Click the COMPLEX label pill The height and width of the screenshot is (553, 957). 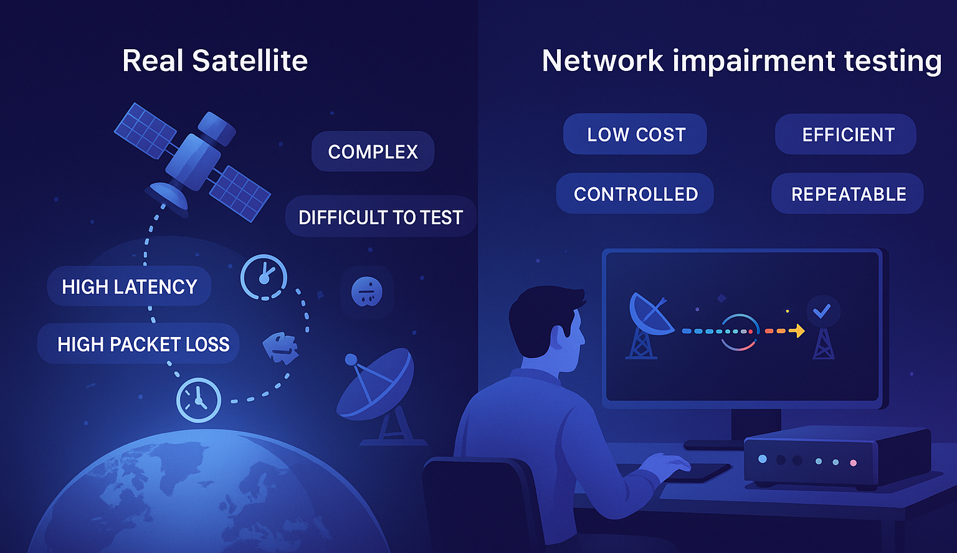tap(373, 151)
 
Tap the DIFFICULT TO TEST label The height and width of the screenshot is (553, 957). tap(380, 217)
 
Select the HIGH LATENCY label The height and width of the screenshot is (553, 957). tap(129, 286)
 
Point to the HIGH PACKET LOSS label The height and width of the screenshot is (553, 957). tap(143, 344)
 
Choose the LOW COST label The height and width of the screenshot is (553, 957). tap(636, 135)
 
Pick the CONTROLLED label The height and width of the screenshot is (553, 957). tap(635, 194)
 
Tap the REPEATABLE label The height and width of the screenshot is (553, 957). tap(848, 194)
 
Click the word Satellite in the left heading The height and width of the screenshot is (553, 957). tap(249, 61)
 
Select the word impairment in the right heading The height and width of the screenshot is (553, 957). tap(753, 61)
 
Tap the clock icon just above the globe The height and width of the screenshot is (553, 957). tap(199, 400)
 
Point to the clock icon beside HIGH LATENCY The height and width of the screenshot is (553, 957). tap(264, 276)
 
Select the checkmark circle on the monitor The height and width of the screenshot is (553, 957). tap(822, 311)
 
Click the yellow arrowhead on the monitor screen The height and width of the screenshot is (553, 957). tap(797, 331)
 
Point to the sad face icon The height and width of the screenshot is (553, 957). tap(367, 291)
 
